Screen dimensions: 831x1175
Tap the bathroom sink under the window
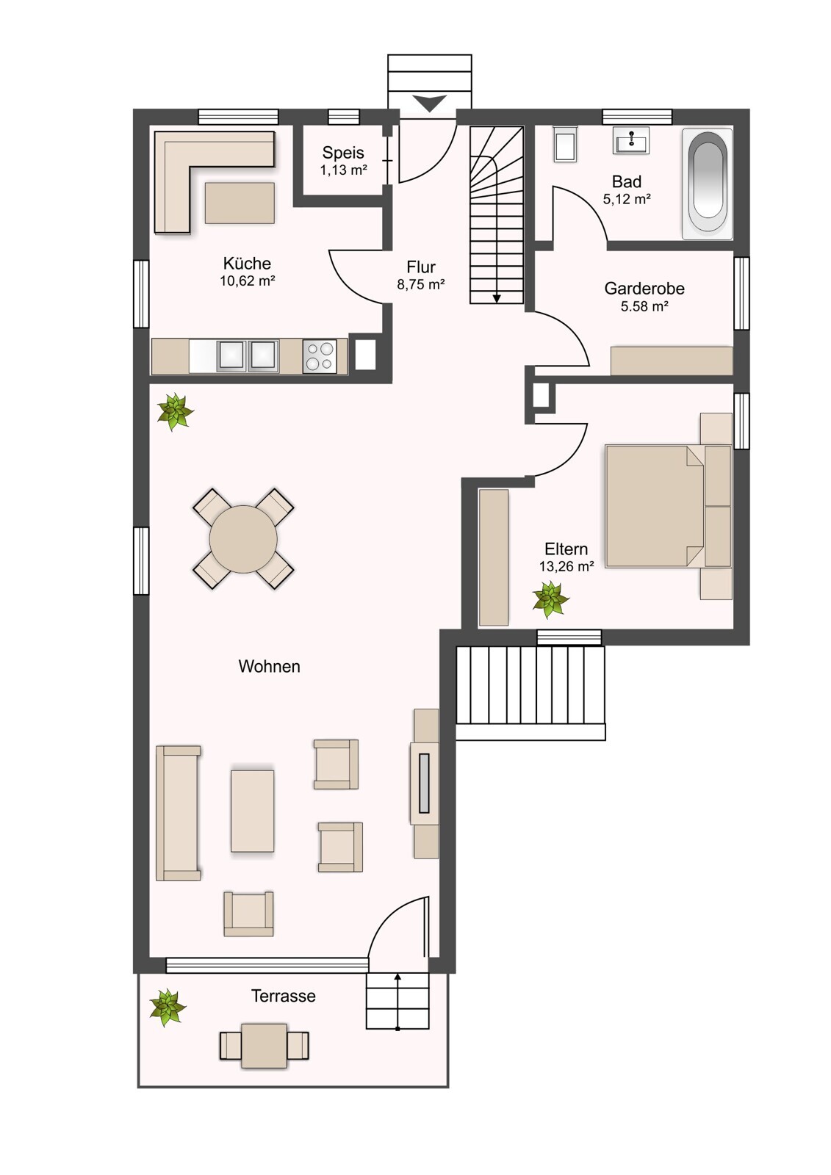click(630, 140)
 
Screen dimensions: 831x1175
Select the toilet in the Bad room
click(565, 143)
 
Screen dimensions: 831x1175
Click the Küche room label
click(247, 263)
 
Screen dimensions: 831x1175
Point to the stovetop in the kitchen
click(319, 356)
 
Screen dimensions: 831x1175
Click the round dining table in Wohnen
click(243, 539)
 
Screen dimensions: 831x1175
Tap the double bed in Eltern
click(669, 506)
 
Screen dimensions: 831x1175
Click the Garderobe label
click(644, 288)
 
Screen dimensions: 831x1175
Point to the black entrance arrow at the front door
click(429, 103)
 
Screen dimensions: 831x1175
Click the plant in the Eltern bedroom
click(550, 599)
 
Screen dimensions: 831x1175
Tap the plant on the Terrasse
click(168, 1007)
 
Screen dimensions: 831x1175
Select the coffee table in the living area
click(252, 811)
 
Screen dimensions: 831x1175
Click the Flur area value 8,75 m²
click(421, 284)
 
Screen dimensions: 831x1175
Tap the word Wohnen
click(270, 666)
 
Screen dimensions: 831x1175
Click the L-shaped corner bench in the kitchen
click(215, 181)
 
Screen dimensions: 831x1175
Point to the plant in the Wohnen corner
click(176, 412)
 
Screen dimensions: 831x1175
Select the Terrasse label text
click(284, 996)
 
